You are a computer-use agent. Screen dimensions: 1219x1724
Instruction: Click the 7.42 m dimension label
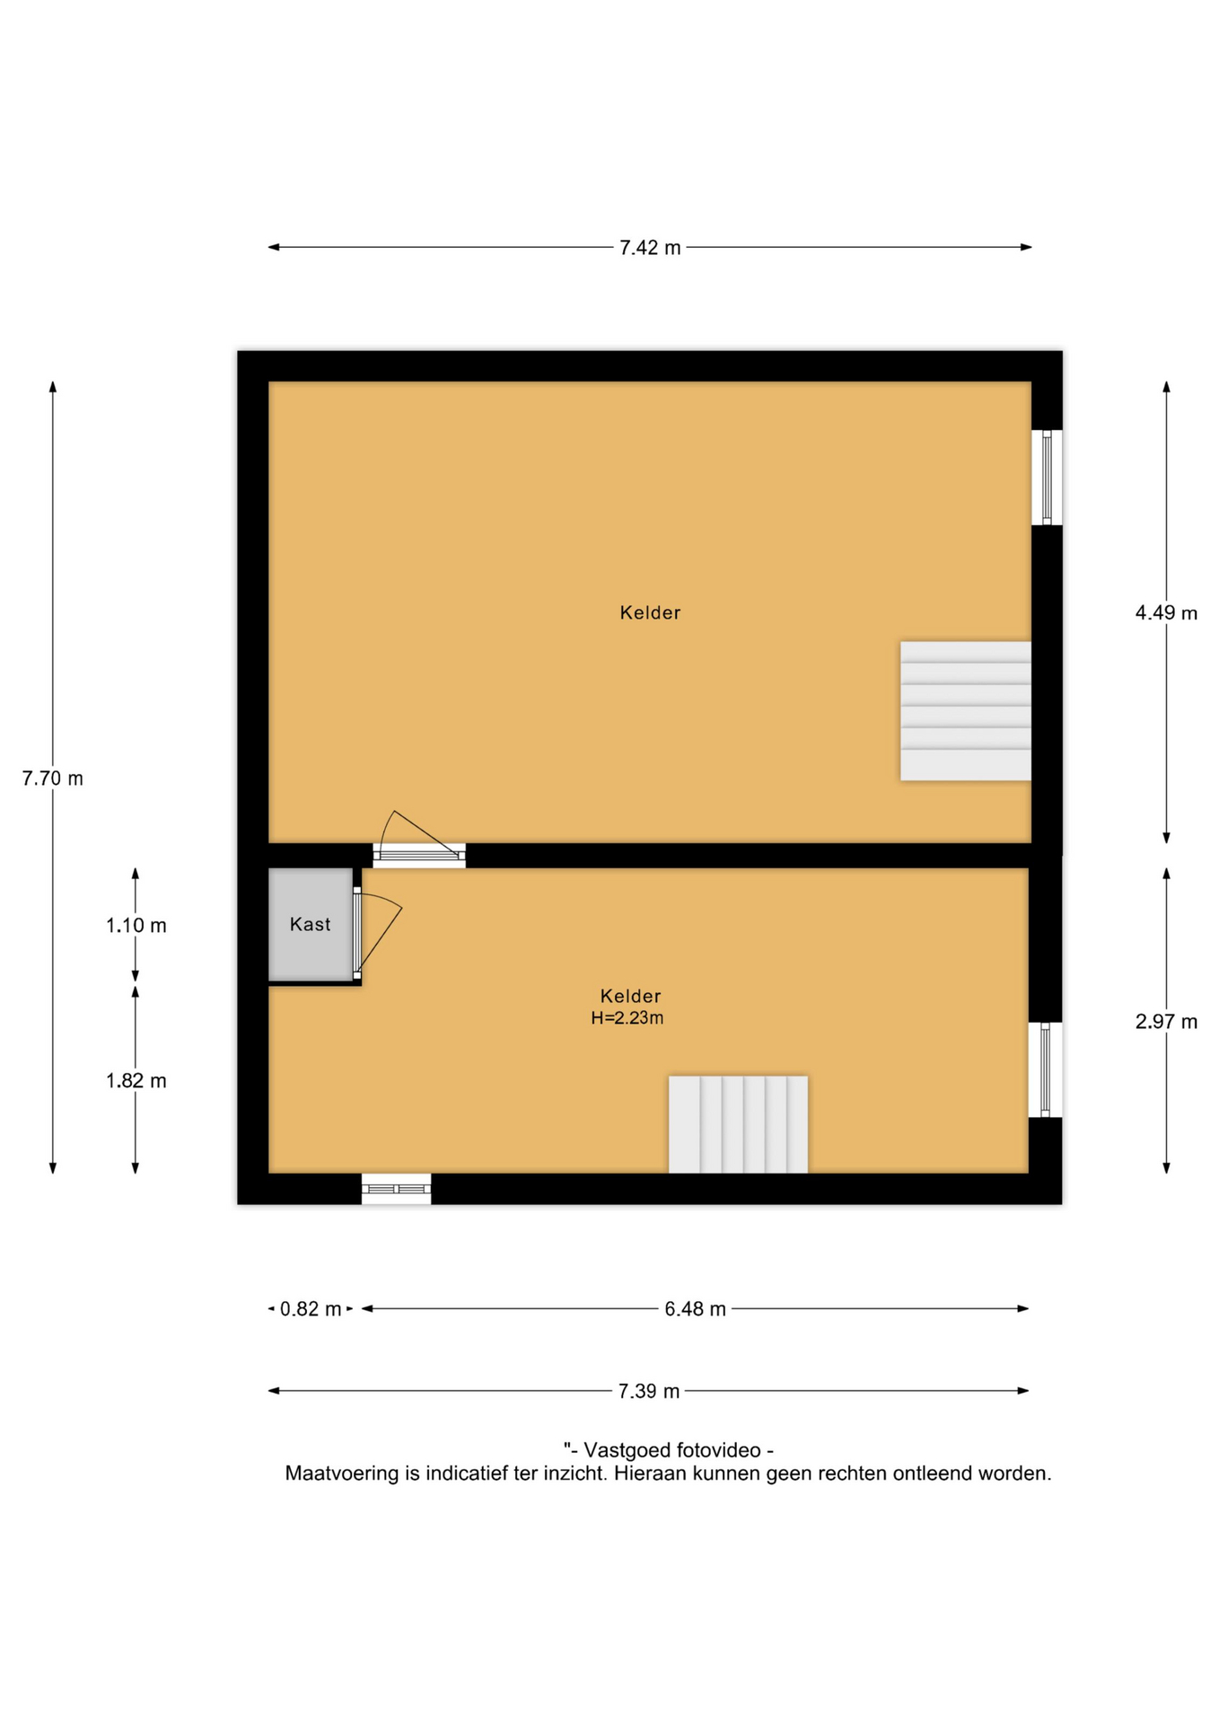[650, 248]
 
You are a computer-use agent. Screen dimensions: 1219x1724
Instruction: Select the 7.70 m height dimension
[53, 778]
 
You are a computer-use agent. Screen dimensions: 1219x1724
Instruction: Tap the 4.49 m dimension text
[1166, 613]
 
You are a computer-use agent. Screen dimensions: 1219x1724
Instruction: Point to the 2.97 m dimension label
[1166, 1022]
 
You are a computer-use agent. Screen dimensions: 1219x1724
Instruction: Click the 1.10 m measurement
[136, 926]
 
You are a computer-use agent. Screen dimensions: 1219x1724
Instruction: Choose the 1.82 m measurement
[136, 1081]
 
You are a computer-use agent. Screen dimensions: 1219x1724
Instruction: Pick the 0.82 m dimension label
[311, 1309]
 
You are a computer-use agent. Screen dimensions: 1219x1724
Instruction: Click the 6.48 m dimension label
[695, 1309]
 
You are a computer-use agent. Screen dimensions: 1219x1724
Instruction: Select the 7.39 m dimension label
[649, 1392]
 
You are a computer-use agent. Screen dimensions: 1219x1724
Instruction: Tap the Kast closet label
[311, 925]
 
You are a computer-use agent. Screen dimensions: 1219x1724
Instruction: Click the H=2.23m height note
[627, 1018]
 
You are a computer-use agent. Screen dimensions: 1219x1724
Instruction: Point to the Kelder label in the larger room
[650, 613]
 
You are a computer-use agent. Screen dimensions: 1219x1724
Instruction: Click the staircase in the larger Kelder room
[966, 711]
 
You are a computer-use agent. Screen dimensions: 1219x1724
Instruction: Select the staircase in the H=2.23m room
[738, 1124]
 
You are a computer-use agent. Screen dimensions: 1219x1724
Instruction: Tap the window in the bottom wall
[396, 1189]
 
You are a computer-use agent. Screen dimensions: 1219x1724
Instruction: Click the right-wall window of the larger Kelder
[1047, 478]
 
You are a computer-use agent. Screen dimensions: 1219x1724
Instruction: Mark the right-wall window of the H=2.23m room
[1045, 1069]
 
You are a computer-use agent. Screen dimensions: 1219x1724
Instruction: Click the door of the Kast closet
[376, 934]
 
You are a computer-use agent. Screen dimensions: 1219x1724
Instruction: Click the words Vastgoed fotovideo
[678, 1450]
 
